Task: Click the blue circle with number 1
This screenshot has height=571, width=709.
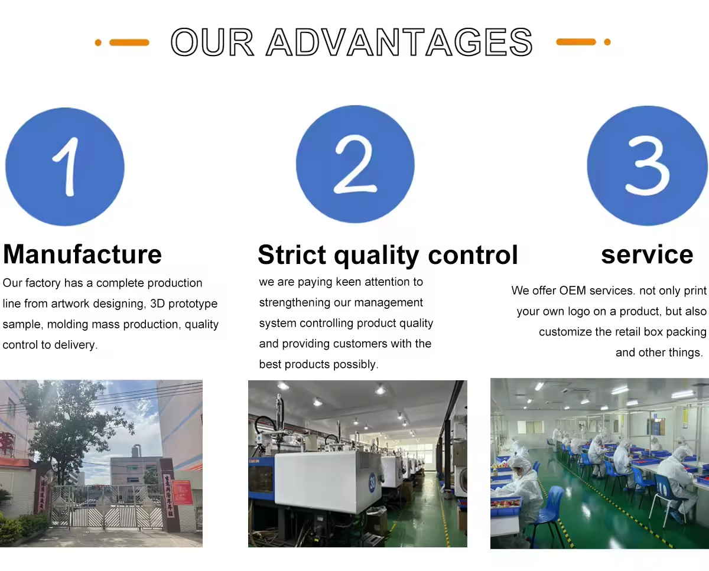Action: tap(65, 167)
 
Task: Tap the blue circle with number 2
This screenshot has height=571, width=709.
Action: tap(355, 164)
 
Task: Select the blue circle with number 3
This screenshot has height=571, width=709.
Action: tap(647, 166)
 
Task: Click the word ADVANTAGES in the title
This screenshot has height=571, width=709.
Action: tap(399, 42)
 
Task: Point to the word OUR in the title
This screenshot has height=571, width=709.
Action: tap(213, 42)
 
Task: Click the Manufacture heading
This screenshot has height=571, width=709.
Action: tap(82, 254)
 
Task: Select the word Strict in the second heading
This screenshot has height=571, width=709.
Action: tap(292, 254)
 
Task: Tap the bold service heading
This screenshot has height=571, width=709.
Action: tap(647, 254)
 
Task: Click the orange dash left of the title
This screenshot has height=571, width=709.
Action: tap(129, 43)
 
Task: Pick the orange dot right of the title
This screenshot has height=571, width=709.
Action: tap(607, 42)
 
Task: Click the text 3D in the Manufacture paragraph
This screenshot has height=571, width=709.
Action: tap(158, 304)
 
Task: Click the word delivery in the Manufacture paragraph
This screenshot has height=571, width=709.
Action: tap(75, 345)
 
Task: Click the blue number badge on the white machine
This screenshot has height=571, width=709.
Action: tap(372, 482)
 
